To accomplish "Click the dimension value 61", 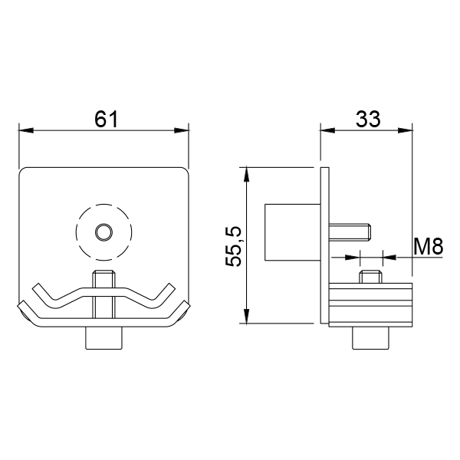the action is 107,120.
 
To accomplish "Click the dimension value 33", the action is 368,119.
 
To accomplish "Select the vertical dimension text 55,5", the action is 234,246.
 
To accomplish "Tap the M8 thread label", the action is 428,247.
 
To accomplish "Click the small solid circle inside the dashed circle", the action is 103,232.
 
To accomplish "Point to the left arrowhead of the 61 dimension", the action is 26,130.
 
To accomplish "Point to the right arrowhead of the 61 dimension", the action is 182,130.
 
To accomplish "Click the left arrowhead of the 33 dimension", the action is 327,130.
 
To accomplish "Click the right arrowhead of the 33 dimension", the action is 405,130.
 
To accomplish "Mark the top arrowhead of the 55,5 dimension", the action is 247,174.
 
